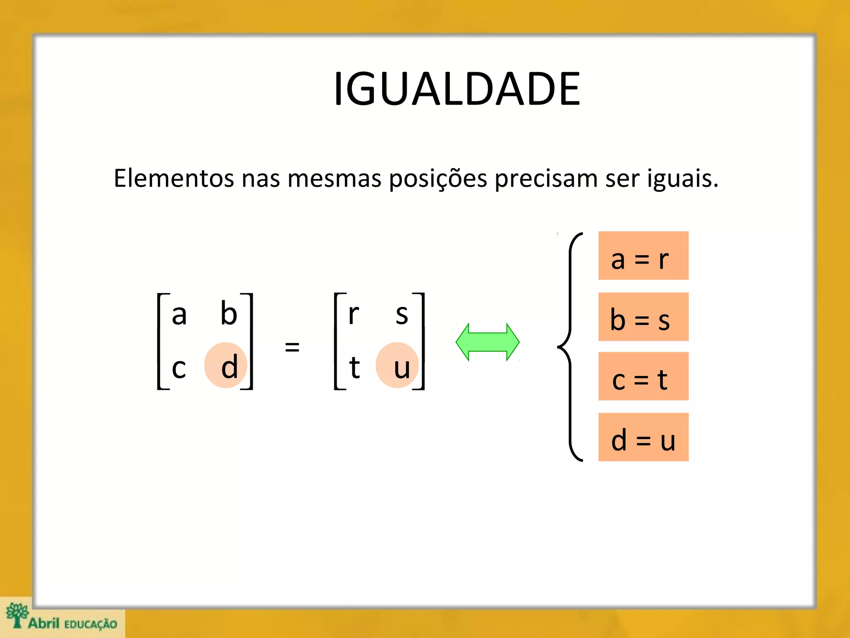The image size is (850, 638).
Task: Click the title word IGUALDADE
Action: tap(457, 89)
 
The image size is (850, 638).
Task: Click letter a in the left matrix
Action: tap(179, 315)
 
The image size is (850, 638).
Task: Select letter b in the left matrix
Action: tap(229, 313)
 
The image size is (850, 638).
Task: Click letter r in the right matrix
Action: tap(353, 314)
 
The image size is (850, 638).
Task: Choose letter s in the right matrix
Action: tap(402, 315)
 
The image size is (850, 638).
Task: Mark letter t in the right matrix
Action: tap(354, 367)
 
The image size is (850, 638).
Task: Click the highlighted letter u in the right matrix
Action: tap(401, 368)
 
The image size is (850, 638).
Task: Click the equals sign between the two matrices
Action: tap(292, 346)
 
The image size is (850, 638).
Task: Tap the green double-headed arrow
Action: tap(487, 342)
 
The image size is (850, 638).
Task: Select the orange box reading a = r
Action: tap(643, 256)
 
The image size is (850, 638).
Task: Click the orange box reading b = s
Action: tap(643, 317)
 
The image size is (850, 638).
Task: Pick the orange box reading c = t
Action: tap(643, 376)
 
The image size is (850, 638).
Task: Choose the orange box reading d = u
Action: tap(643, 437)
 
